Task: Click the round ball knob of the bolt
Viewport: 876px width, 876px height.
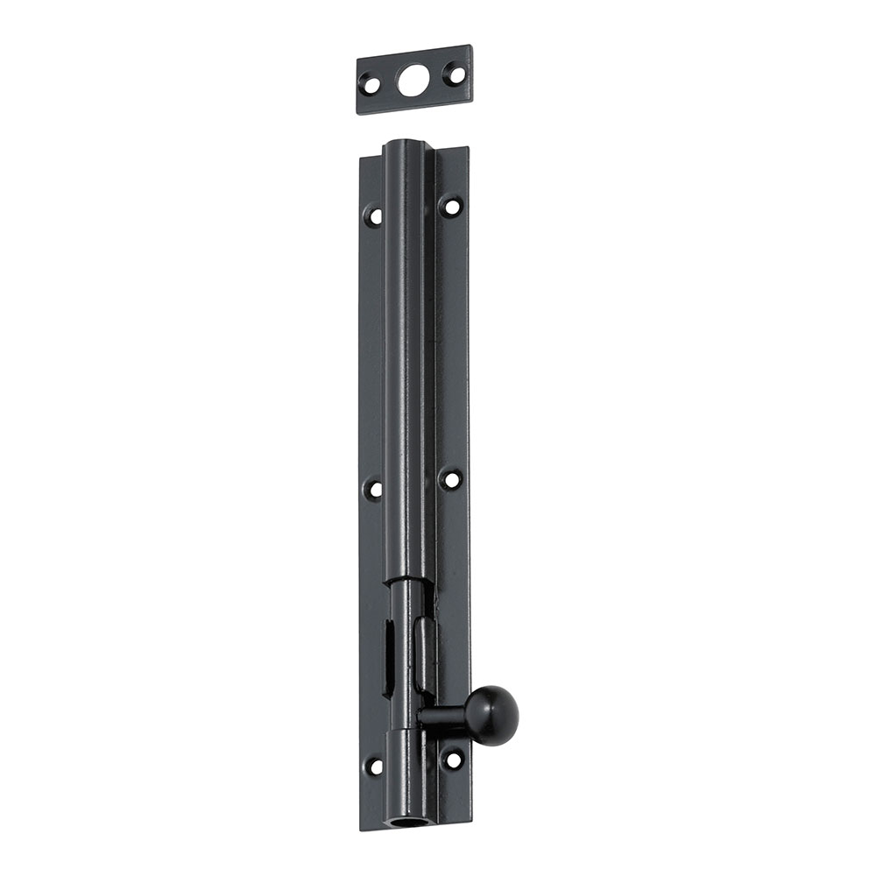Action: [x=491, y=715]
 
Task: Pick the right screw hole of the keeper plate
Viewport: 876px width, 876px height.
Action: [x=453, y=74]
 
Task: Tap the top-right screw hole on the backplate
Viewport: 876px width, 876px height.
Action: [x=451, y=207]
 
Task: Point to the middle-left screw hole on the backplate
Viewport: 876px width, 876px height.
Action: [x=374, y=488]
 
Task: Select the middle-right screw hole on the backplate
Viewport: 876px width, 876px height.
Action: [x=451, y=479]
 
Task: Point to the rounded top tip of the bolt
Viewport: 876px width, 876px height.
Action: [x=405, y=143]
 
